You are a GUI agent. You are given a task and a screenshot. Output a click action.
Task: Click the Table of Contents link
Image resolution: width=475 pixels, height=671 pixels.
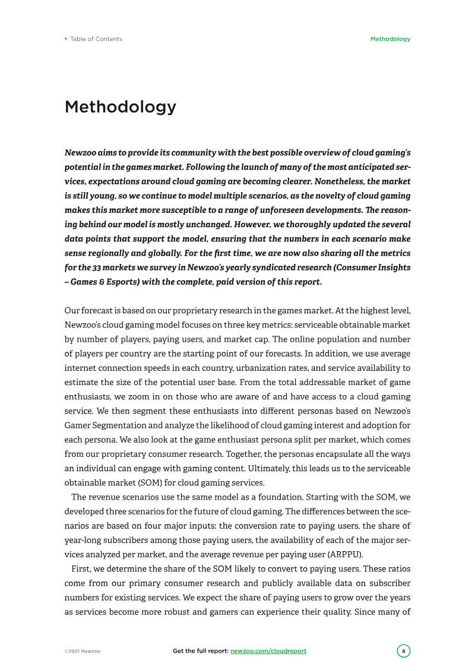click(96, 39)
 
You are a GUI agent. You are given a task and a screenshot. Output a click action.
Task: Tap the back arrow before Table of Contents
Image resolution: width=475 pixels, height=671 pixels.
click(66, 39)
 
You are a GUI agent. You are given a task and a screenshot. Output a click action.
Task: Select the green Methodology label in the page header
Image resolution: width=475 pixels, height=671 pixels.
click(390, 39)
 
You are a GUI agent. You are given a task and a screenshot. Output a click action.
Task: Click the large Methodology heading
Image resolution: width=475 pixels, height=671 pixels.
click(121, 107)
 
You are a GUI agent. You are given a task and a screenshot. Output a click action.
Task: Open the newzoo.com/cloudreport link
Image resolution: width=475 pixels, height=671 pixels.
click(268, 651)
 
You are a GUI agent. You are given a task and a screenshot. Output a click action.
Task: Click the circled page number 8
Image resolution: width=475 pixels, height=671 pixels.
click(404, 651)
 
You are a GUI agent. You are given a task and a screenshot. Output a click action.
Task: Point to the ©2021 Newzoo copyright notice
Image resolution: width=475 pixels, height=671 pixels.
click(83, 651)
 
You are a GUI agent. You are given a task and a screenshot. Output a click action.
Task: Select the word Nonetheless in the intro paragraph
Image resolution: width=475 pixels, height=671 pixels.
click(335, 181)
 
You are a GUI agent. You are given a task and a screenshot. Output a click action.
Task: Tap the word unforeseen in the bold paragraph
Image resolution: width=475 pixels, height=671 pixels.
click(280, 210)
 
